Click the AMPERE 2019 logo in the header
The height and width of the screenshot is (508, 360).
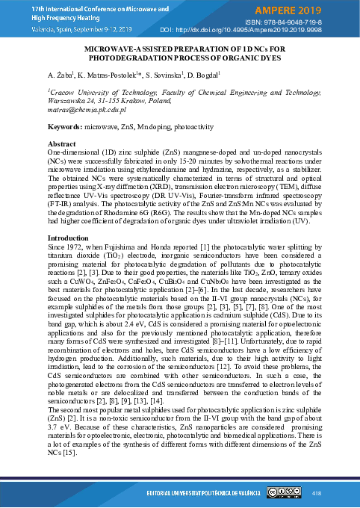314,10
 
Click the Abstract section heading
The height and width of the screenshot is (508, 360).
61,143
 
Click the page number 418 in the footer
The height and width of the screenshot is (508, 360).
316,493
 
